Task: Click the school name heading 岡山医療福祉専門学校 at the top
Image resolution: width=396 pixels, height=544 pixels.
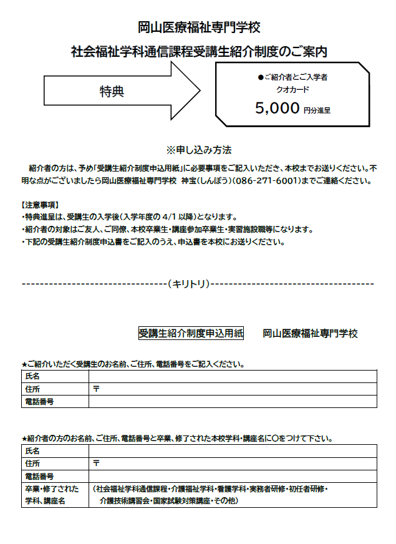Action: pos(198,27)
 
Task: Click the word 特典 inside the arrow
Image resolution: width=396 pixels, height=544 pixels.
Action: pos(112,91)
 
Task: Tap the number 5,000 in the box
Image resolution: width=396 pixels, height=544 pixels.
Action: pos(278,108)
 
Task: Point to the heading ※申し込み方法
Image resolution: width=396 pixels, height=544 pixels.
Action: pos(198,150)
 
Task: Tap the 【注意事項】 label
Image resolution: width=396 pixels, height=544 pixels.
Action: pos(41,205)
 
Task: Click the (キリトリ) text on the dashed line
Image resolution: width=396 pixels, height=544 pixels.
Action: pos(188,283)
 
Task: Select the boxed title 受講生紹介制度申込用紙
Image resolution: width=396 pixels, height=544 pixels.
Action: pos(191,333)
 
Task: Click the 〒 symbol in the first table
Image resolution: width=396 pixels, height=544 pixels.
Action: pos(96,389)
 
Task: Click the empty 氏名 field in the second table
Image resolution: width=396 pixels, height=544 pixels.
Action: pos(233,451)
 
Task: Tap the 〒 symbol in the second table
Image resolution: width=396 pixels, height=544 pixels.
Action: pos(96,464)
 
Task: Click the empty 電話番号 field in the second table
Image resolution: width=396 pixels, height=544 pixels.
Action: pos(233,476)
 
